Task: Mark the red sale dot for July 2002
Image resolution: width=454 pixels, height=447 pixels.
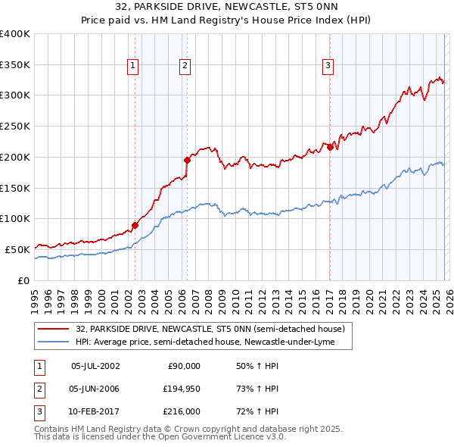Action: [x=135, y=224]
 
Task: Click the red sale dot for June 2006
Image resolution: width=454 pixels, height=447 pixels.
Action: [x=187, y=160]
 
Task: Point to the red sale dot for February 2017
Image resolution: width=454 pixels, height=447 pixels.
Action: [x=330, y=148]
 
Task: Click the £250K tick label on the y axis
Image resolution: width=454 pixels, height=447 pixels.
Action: [x=15, y=126]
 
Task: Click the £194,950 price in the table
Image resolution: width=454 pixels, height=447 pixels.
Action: [x=182, y=389]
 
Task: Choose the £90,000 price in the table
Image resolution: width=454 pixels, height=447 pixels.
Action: [x=184, y=366]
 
